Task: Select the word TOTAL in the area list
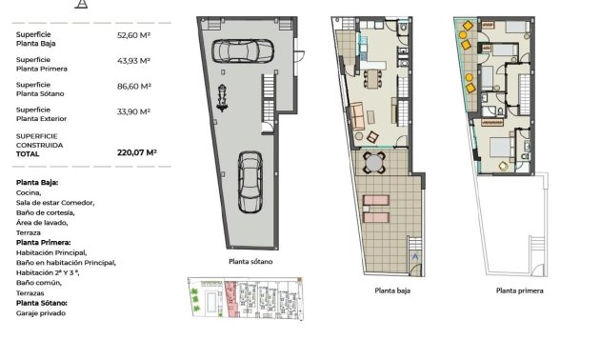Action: point(28,152)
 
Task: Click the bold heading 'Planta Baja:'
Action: point(37,182)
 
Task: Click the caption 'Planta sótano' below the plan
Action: point(251,261)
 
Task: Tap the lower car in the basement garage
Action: point(250,182)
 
